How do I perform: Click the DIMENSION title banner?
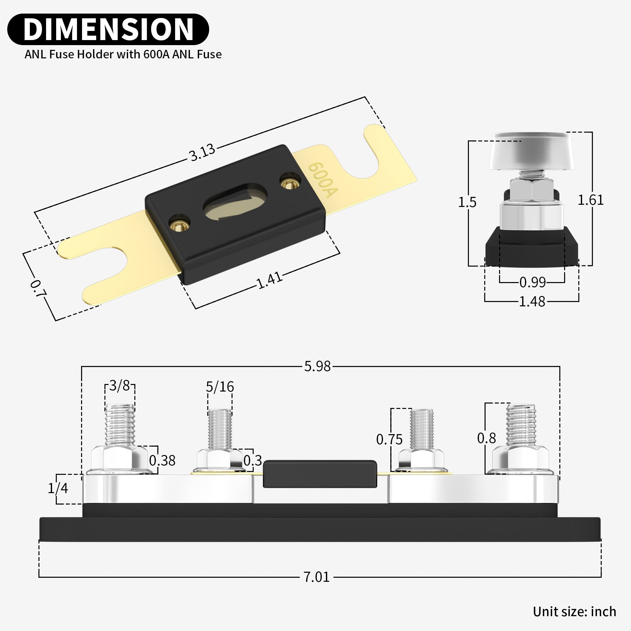108,29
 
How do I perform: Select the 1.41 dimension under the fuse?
269,280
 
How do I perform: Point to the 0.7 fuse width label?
38,289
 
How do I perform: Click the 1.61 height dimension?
591,200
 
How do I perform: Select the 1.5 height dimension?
467,202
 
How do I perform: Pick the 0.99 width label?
532,282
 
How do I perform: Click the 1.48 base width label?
532,301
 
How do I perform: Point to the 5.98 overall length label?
317,366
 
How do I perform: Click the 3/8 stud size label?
120,386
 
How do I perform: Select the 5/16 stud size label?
220,387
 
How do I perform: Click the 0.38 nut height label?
162,461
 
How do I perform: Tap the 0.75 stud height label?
389,439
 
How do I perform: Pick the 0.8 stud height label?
486,438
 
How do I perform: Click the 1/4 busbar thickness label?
58,488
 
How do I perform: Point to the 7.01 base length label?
316,577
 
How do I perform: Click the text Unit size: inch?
574,611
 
